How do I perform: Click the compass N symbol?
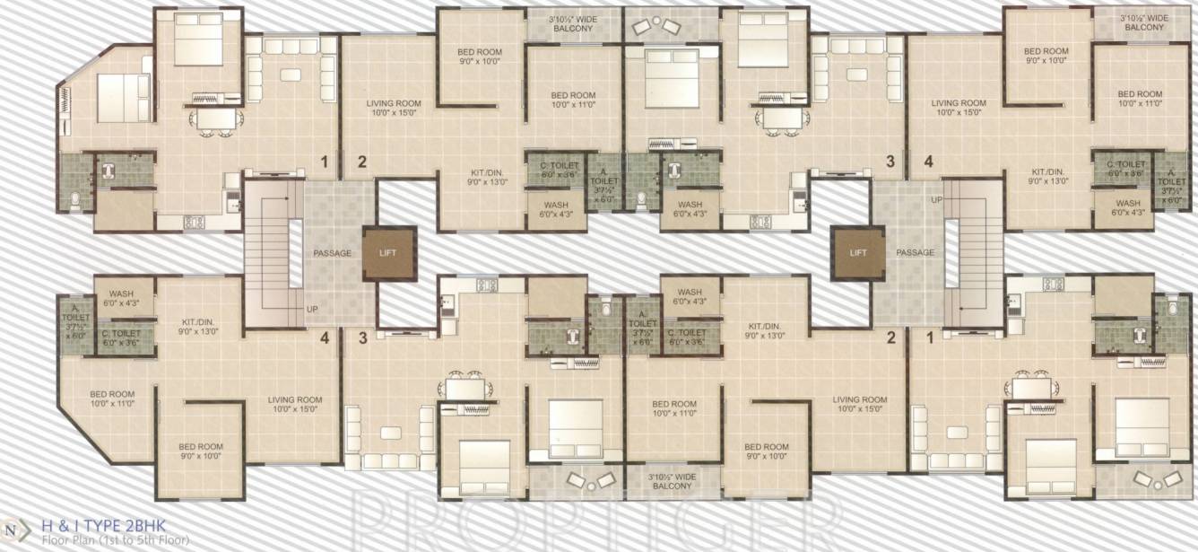[x=12, y=530]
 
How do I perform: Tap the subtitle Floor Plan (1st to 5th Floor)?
[x=113, y=540]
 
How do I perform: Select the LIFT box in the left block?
[x=389, y=253]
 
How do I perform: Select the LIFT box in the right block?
[x=857, y=253]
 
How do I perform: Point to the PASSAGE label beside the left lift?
[x=332, y=253]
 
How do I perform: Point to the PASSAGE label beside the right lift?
[x=915, y=252]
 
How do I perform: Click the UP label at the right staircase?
[x=936, y=198]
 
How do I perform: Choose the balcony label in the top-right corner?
[x=1143, y=22]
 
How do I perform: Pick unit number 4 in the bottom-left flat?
[x=324, y=338]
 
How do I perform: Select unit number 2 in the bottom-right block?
[x=890, y=338]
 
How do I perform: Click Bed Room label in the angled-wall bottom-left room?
[x=112, y=399]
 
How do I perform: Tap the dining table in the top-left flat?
[x=213, y=119]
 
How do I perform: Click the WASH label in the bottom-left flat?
[x=121, y=298]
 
